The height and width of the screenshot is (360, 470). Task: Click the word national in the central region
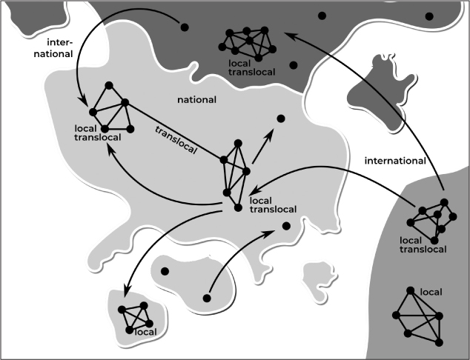pos(196,99)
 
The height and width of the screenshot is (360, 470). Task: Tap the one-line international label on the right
pos(395,160)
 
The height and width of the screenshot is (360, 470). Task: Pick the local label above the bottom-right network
pos(431,293)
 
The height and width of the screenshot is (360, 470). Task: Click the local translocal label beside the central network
pos(273,204)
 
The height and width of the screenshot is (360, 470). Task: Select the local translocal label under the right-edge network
pos(423,245)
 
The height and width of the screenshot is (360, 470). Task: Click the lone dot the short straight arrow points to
pos(280,119)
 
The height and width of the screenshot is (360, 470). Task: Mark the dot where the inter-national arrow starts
pos(183,29)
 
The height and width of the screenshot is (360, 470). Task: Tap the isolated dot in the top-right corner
pos(428,16)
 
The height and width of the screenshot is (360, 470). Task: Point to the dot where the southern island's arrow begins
pos(207,298)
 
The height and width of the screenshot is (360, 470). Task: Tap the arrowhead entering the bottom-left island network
pos(125,288)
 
